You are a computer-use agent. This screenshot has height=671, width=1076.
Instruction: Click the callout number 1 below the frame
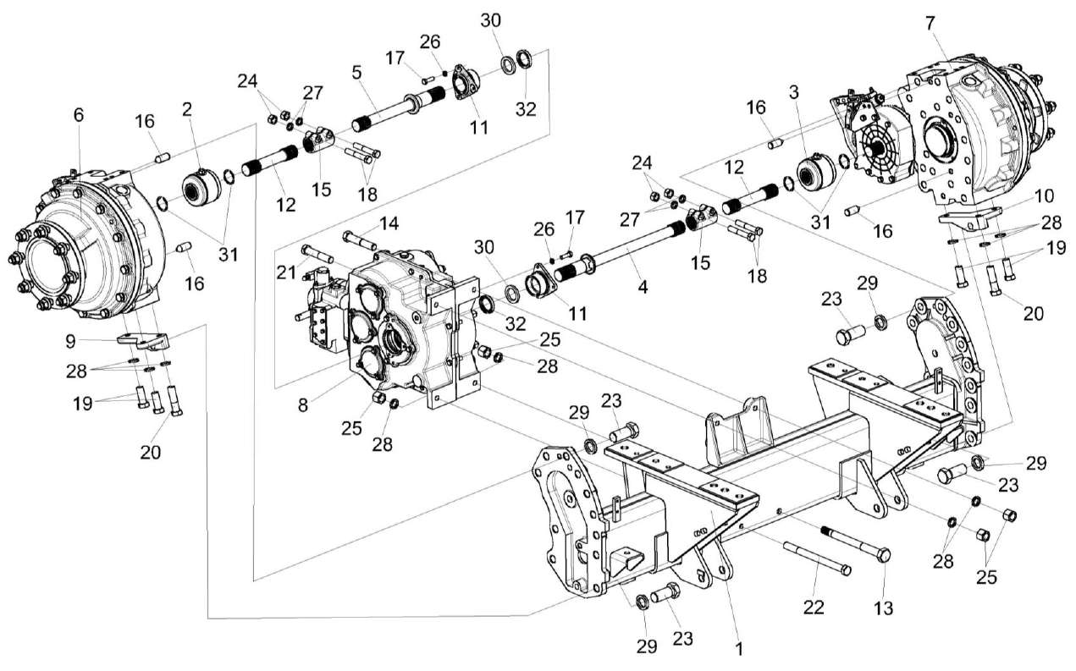739,649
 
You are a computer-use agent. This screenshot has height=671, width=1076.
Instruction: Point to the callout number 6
79,116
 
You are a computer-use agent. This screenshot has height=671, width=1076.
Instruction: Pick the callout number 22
814,608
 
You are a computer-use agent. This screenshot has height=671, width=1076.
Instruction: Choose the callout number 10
1044,196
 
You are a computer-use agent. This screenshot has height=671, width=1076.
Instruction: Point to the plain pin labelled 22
817,558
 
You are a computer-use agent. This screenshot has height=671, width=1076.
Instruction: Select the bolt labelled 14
360,239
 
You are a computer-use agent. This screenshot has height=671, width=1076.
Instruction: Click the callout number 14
388,223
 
